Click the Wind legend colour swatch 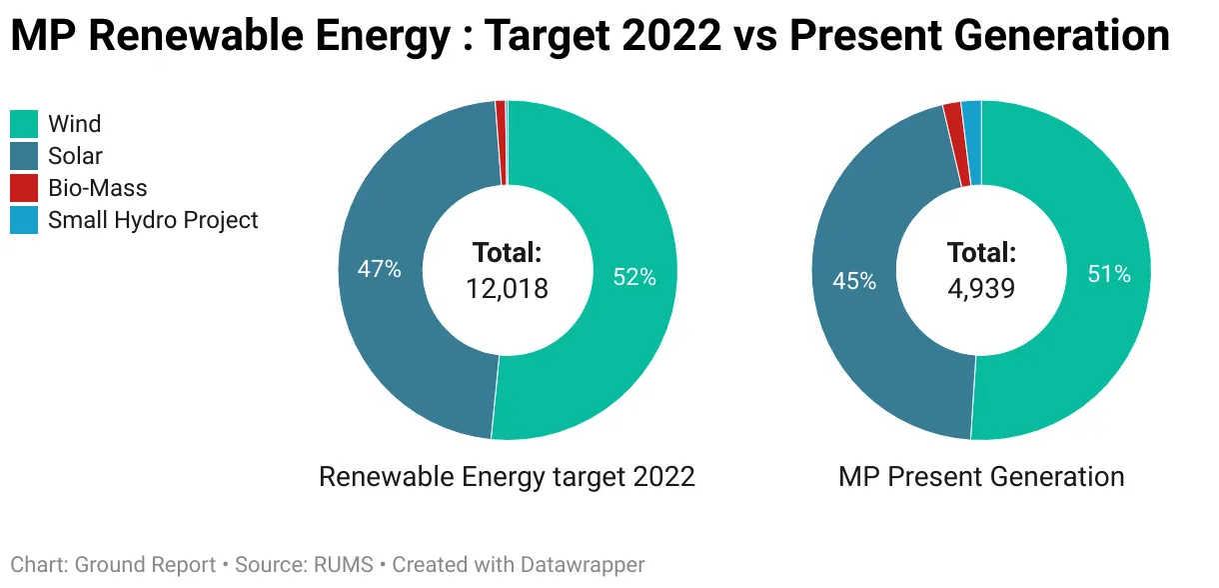[x=24, y=124]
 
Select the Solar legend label [x=75, y=156]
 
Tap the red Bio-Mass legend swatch [x=24, y=188]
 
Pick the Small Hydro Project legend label [x=153, y=220]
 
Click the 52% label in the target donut [x=634, y=278]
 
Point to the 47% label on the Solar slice [x=380, y=269]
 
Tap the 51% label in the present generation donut [x=1109, y=274]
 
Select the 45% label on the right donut [x=854, y=282]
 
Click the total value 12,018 [x=507, y=289]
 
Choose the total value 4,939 [x=981, y=289]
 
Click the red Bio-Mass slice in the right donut [x=953, y=144]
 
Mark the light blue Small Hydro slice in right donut [x=971, y=143]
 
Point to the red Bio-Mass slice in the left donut [x=501, y=143]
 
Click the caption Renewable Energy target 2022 [x=507, y=477]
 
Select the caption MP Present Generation [x=981, y=477]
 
